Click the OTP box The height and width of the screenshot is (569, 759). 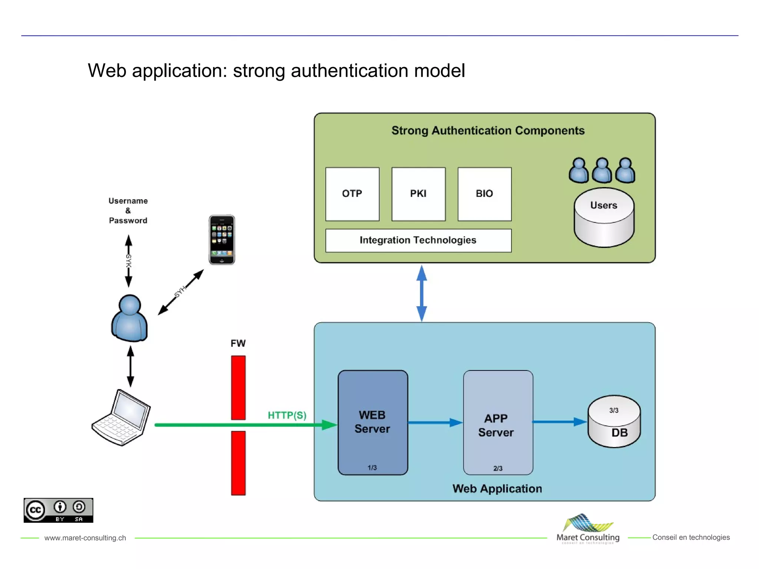coord(352,194)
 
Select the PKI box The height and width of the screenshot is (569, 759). coord(418,194)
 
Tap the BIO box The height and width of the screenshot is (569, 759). coord(484,194)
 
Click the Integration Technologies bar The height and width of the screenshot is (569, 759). coord(418,240)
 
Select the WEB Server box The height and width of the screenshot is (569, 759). coord(372,422)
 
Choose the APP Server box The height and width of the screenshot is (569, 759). coord(498,422)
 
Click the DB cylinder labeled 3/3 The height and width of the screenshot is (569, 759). coord(614,422)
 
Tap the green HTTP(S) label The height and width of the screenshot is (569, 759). coord(287,415)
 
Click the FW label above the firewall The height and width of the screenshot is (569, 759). coord(238,343)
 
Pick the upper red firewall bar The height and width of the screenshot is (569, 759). coord(238,387)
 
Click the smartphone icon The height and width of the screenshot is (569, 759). coord(222,240)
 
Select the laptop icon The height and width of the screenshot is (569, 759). coord(122,417)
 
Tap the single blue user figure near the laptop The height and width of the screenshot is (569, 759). coord(129,318)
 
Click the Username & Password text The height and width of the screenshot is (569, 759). coord(128,211)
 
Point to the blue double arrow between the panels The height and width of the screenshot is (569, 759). coord(422,293)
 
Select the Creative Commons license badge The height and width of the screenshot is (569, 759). coord(59,510)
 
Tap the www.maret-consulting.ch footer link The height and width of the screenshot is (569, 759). coord(85,538)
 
